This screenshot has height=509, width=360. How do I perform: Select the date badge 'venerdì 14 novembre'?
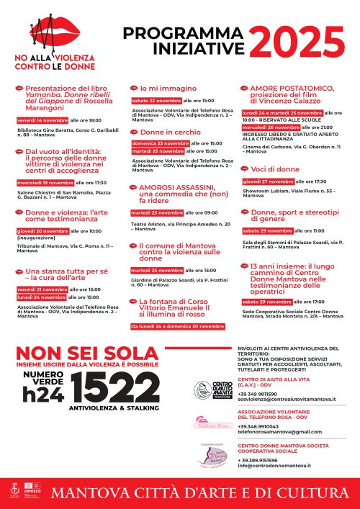point(42,120)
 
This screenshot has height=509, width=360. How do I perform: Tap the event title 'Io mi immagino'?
point(158,88)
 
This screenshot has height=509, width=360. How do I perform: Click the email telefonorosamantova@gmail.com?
point(271,431)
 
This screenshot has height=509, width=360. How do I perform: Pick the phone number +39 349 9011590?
point(258,393)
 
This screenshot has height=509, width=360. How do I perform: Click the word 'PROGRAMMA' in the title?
point(174,34)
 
